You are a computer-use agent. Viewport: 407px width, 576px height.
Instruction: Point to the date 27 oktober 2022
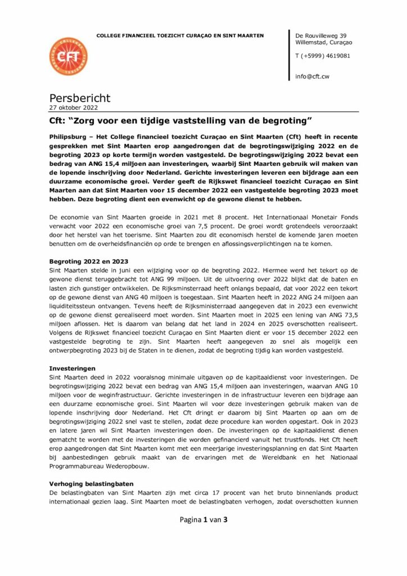click(74, 108)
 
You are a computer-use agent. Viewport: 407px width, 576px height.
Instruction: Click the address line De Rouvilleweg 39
click(320, 35)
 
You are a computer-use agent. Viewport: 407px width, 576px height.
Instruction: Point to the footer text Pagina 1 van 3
click(203, 519)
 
